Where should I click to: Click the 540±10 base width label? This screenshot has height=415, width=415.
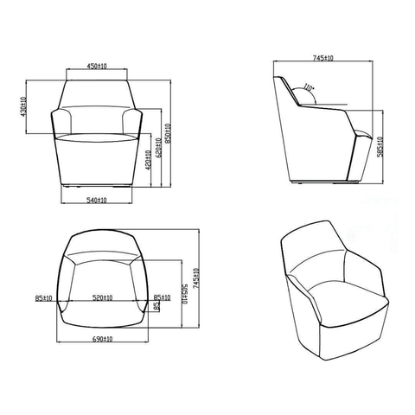tap(97, 201)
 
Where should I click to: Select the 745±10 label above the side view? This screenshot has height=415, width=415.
tap(324, 58)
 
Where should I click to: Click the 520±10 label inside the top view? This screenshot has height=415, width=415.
tap(103, 297)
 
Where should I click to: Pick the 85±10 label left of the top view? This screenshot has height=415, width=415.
tap(45, 298)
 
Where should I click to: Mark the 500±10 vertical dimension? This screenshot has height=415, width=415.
tap(184, 294)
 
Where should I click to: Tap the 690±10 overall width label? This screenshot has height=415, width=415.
tap(102, 340)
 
